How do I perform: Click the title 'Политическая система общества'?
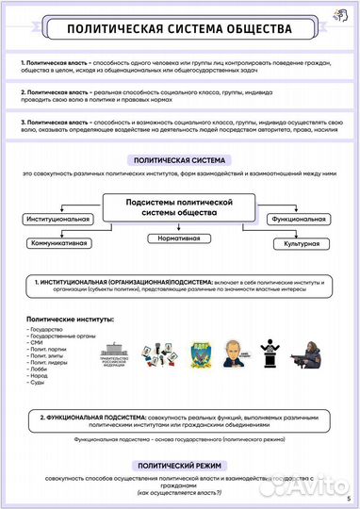[x=179, y=30]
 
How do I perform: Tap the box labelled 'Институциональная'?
[x=57, y=220]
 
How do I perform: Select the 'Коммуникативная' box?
[x=59, y=242]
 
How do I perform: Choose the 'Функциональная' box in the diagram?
[x=297, y=220]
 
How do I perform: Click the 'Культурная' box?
[x=297, y=243]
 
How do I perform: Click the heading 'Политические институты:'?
[x=71, y=320]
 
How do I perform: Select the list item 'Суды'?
[x=38, y=384]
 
